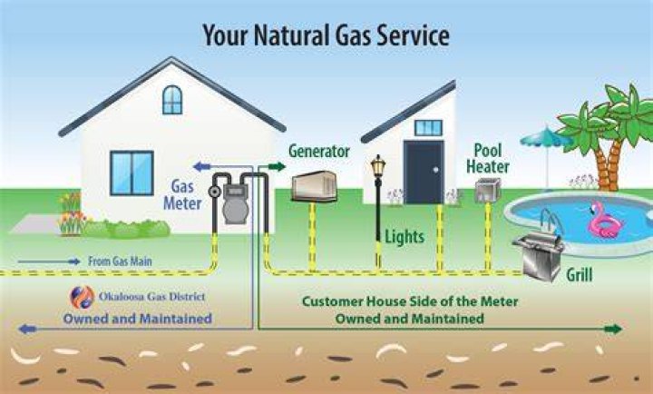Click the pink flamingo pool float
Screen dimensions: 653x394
[604, 221]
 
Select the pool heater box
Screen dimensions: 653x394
[488, 191]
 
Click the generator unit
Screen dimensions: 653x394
[314, 186]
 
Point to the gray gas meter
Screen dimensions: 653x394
[235, 204]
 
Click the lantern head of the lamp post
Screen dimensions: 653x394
[377, 165]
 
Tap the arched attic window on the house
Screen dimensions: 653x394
[172, 100]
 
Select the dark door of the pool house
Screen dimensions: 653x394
[424, 172]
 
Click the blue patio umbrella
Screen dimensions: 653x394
[546, 138]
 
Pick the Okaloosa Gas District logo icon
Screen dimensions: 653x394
[82, 297]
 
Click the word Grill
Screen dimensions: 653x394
[580, 275]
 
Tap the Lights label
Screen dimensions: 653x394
[404, 237]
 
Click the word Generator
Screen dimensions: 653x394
[319, 151]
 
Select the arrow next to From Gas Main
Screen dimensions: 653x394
[49, 261]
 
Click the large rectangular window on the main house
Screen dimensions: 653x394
[132, 173]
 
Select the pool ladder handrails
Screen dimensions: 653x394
[551, 221]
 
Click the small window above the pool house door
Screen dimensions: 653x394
[428, 128]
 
